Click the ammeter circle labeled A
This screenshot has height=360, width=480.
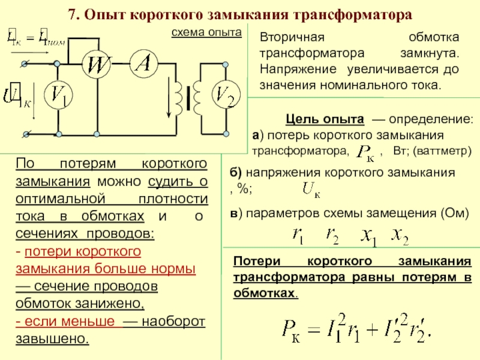[x=142, y=65]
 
